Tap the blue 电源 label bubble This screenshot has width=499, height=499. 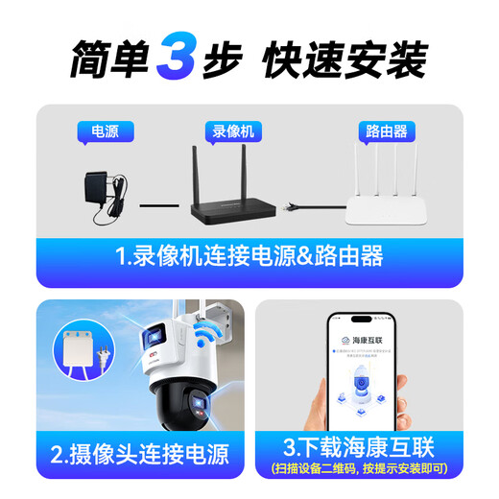104,131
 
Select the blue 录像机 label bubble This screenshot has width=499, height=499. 234,131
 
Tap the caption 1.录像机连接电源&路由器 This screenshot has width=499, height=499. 249,256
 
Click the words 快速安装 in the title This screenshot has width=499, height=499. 345,59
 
